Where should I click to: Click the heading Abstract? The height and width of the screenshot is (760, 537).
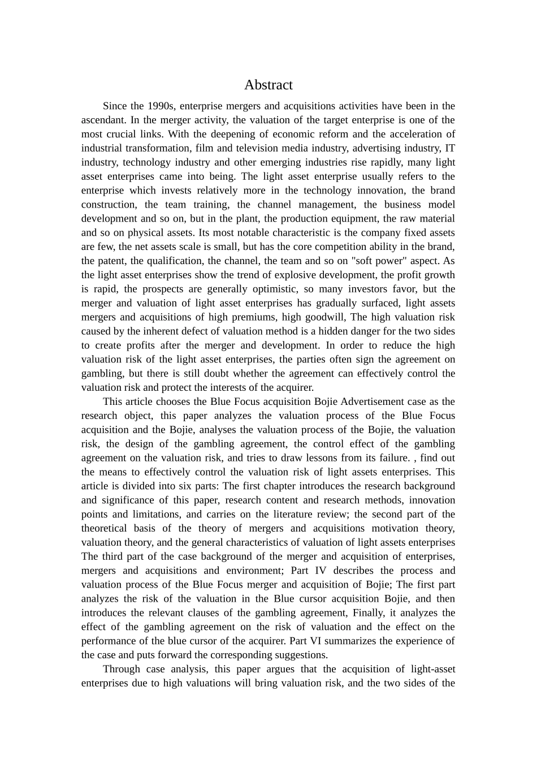[x=268, y=85]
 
